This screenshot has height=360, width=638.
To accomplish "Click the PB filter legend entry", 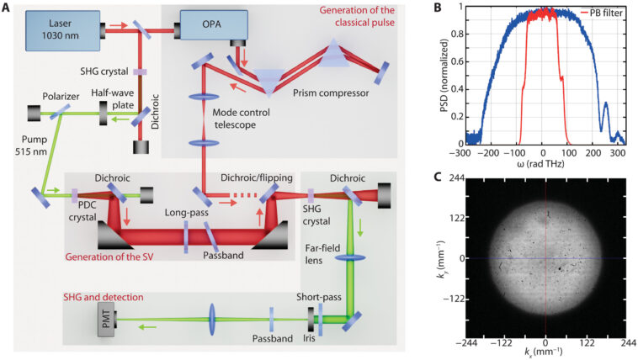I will tap(599, 13).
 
